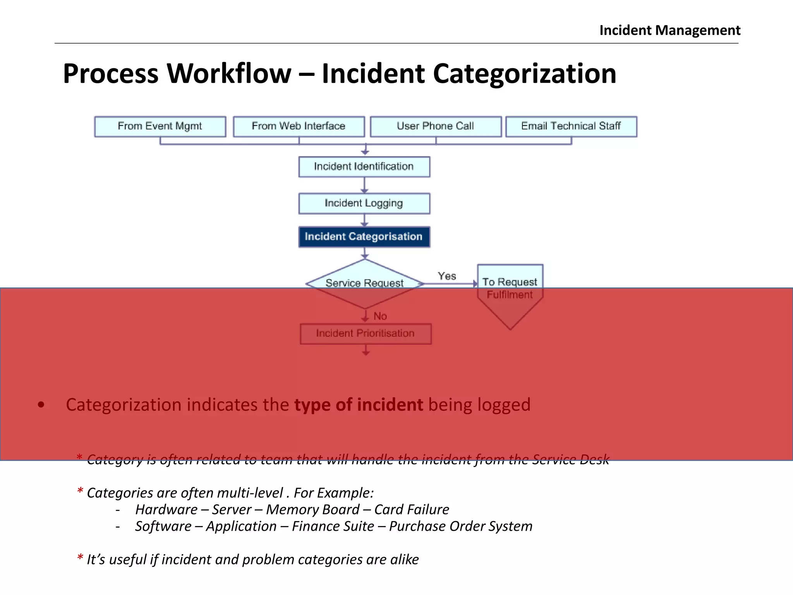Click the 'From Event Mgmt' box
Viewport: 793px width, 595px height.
click(x=160, y=126)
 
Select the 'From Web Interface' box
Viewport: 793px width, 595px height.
click(x=299, y=126)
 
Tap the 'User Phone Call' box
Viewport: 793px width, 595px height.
click(x=436, y=126)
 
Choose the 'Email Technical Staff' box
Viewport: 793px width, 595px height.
click(x=571, y=126)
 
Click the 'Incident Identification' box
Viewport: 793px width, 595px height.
click(x=364, y=167)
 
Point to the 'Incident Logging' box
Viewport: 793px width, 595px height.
click(x=364, y=203)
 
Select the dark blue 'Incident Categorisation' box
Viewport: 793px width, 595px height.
click(x=364, y=237)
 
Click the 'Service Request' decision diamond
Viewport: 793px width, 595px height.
click(x=364, y=284)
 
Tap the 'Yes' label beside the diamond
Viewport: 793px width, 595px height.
click(x=447, y=276)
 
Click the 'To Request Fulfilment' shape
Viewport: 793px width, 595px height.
click(x=510, y=289)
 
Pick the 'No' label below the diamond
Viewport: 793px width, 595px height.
click(x=380, y=316)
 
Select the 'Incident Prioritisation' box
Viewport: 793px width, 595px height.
click(x=366, y=334)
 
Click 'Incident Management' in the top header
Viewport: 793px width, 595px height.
click(x=670, y=30)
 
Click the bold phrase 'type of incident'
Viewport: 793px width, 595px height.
click(x=359, y=405)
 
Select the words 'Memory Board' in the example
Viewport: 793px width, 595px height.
click(x=313, y=509)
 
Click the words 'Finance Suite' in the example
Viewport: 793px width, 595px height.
click(x=333, y=526)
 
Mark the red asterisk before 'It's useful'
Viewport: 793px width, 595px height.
click(x=80, y=558)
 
